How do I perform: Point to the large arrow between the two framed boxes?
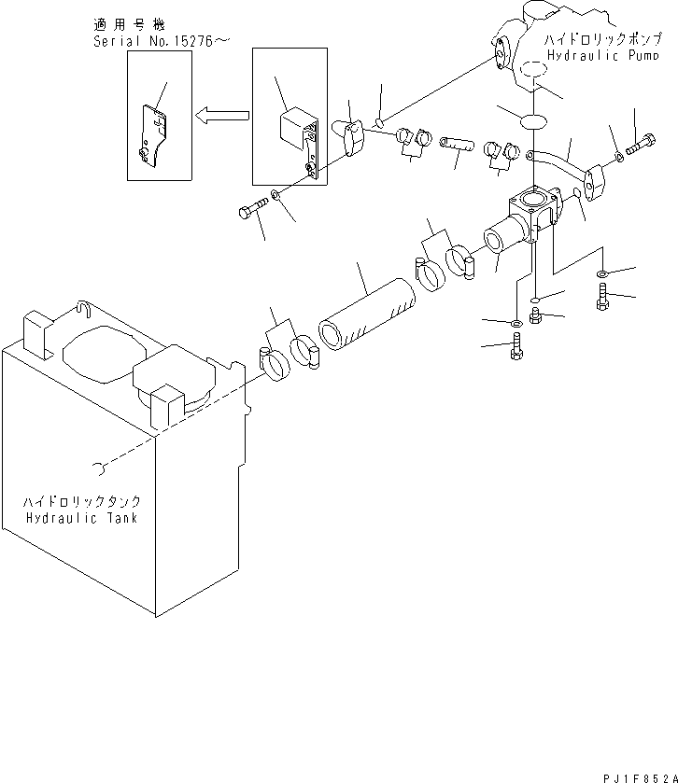pyautogui.click(x=221, y=115)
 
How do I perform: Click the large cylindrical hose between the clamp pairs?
pyautogui.click(x=367, y=320)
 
